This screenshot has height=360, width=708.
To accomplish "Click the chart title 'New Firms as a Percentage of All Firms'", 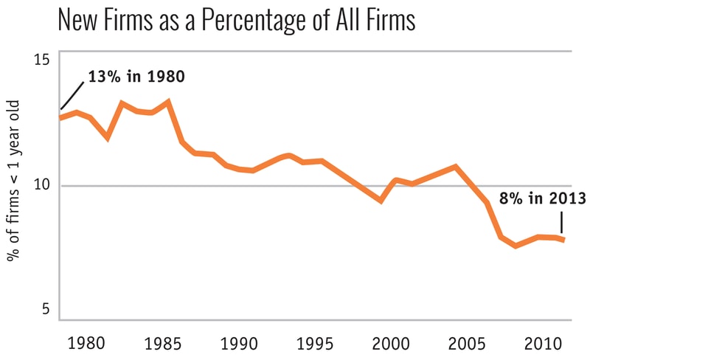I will [x=236, y=20].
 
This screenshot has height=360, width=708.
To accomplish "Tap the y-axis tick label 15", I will [x=43, y=58].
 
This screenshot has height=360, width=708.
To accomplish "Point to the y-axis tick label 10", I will [x=43, y=184].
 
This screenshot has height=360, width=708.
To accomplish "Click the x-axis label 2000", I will [x=391, y=343].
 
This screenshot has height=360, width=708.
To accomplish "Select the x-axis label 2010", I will [x=541, y=343].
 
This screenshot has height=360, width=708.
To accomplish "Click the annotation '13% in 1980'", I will [x=136, y=77].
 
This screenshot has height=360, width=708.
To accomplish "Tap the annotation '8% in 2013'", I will [x=542, y=198].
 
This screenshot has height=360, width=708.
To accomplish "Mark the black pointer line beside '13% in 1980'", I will [x=72, y=96].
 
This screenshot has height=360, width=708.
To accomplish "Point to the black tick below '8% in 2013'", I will [x=561, y=222].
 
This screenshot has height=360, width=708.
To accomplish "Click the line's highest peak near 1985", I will [x=169, y=101].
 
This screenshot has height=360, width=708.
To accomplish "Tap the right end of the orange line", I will [x=564, y=240].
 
